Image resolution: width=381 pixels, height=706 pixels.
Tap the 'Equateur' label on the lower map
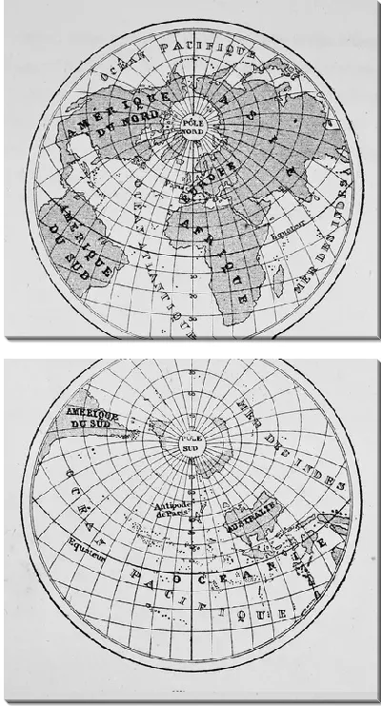(x=87, y=545)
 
